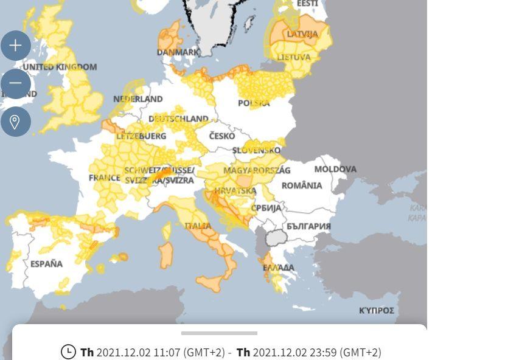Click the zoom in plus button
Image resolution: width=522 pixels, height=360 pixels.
[x=15, y=45]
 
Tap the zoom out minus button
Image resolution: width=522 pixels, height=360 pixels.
[x=15, y=83]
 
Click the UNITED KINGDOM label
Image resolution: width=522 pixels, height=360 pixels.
[x=60, y=67]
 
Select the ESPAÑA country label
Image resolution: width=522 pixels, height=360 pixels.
[x=46, y=264]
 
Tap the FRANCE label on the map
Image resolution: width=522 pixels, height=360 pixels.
[x=105, y=178]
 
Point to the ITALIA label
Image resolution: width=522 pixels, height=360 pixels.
[x=198, y=226]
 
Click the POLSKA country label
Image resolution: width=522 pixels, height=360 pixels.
[x=254, y=103]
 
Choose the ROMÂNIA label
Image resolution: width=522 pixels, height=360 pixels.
[x=302, y=185]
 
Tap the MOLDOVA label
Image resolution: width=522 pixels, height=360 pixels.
[x=335, y=169]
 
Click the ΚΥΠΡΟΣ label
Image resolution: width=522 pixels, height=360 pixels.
[x=377, y=311]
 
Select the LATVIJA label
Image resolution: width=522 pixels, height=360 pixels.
[x=302, y=34]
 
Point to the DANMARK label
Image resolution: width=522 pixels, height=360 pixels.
[x=178, y=52]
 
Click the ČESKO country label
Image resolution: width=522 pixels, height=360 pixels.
[x=222, y=136]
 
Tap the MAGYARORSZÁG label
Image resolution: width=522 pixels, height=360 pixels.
[x=257, y=170]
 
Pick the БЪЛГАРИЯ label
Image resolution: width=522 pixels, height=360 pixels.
[x=309, y=226]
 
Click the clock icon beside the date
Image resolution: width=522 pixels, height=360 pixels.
[x=68, y=352]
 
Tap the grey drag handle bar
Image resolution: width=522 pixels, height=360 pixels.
[x=219, y=333]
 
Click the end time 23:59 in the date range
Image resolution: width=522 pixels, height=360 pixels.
[x=325, y=353]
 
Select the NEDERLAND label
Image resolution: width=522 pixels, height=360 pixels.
[x=138, y=99]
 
